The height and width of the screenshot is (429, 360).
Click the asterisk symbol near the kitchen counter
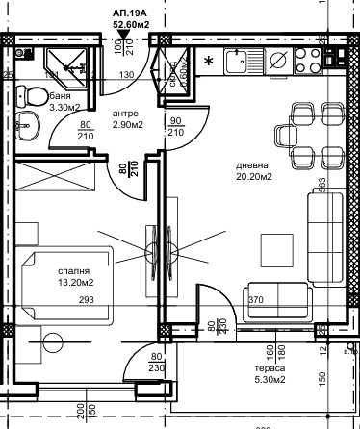(210, 63)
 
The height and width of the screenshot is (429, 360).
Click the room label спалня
(73, 270)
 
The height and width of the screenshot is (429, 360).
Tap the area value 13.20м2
(73, 284)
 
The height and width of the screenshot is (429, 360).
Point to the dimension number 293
(89, 299)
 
